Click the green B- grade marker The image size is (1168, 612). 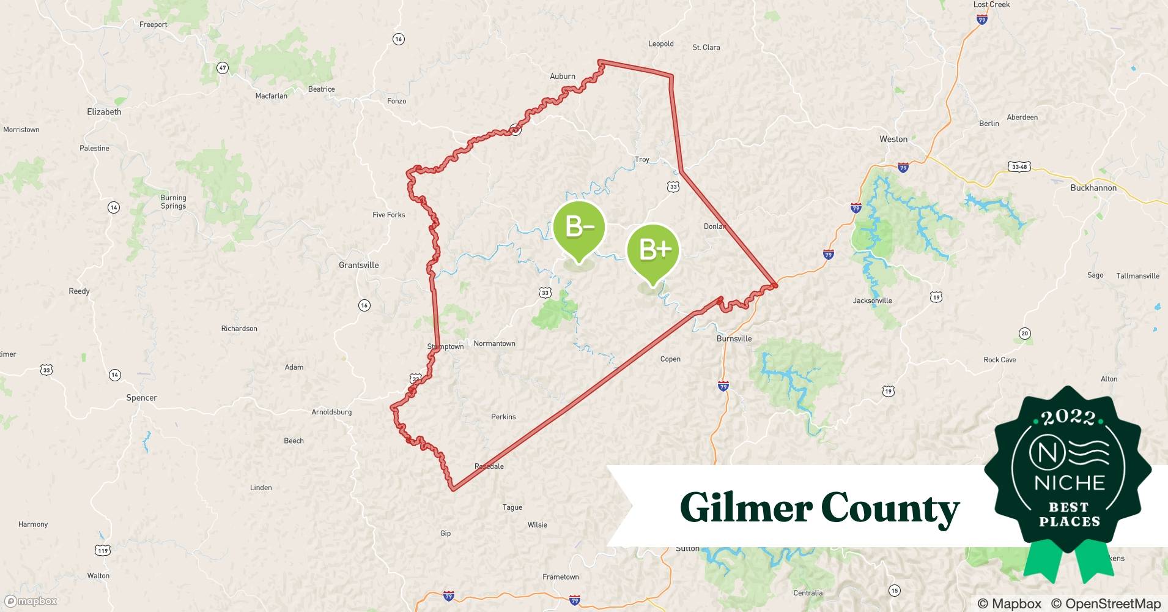[578, 227]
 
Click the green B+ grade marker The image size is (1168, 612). [652, 249]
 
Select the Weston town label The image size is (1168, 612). [893, 139]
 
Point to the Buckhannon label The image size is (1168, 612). [1093, 188]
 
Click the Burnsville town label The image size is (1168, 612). [734, 338]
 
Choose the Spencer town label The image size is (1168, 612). [141, 398]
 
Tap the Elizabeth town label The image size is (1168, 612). [104, 112]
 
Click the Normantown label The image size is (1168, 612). [494, 343]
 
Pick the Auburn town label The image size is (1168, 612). [562, 76]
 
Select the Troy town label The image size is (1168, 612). [641, 160]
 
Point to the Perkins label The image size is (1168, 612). [503, 417]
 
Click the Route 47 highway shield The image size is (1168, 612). [223, 68]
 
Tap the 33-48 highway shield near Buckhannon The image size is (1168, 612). [1019, 166]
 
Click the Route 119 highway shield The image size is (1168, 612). [103, 551]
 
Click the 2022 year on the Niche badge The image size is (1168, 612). [1068, 417]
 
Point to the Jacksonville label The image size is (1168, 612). [872, 300]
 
